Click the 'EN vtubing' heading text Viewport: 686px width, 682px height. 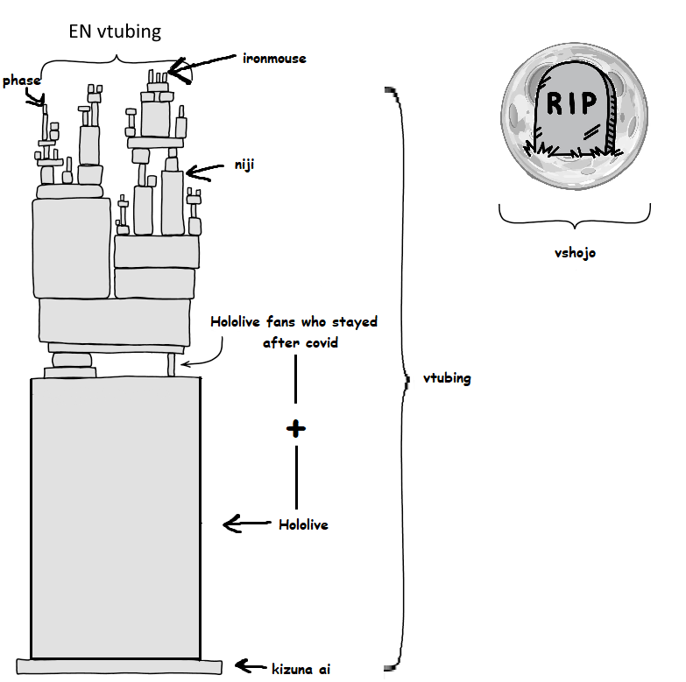coord(115,32)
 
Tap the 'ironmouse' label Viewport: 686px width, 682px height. coord(274,59)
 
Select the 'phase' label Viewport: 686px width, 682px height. coord(21,81)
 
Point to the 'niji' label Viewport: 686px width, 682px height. coord(244,165)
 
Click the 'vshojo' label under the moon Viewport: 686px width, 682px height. coord(575,253)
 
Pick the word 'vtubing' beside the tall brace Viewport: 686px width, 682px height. coord(447,378)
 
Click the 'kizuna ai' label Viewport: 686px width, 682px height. coord(301,670)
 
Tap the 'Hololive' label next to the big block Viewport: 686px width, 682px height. coord(303,524)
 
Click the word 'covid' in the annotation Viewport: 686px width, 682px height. coord(322,342)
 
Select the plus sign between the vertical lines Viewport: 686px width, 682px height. coord(296,429)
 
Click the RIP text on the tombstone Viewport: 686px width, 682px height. coord(572,103)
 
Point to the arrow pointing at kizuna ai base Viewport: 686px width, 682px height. coord(251,666)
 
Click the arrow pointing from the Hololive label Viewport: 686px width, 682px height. coord(247,524)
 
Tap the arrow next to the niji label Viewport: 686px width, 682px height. coord(205,172)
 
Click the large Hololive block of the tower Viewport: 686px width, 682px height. coord(116,517)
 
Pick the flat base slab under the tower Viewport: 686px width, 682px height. coord(119,667)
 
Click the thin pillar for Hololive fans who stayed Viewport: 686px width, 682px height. coord(172,365)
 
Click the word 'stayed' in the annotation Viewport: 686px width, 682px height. coord(354,322)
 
